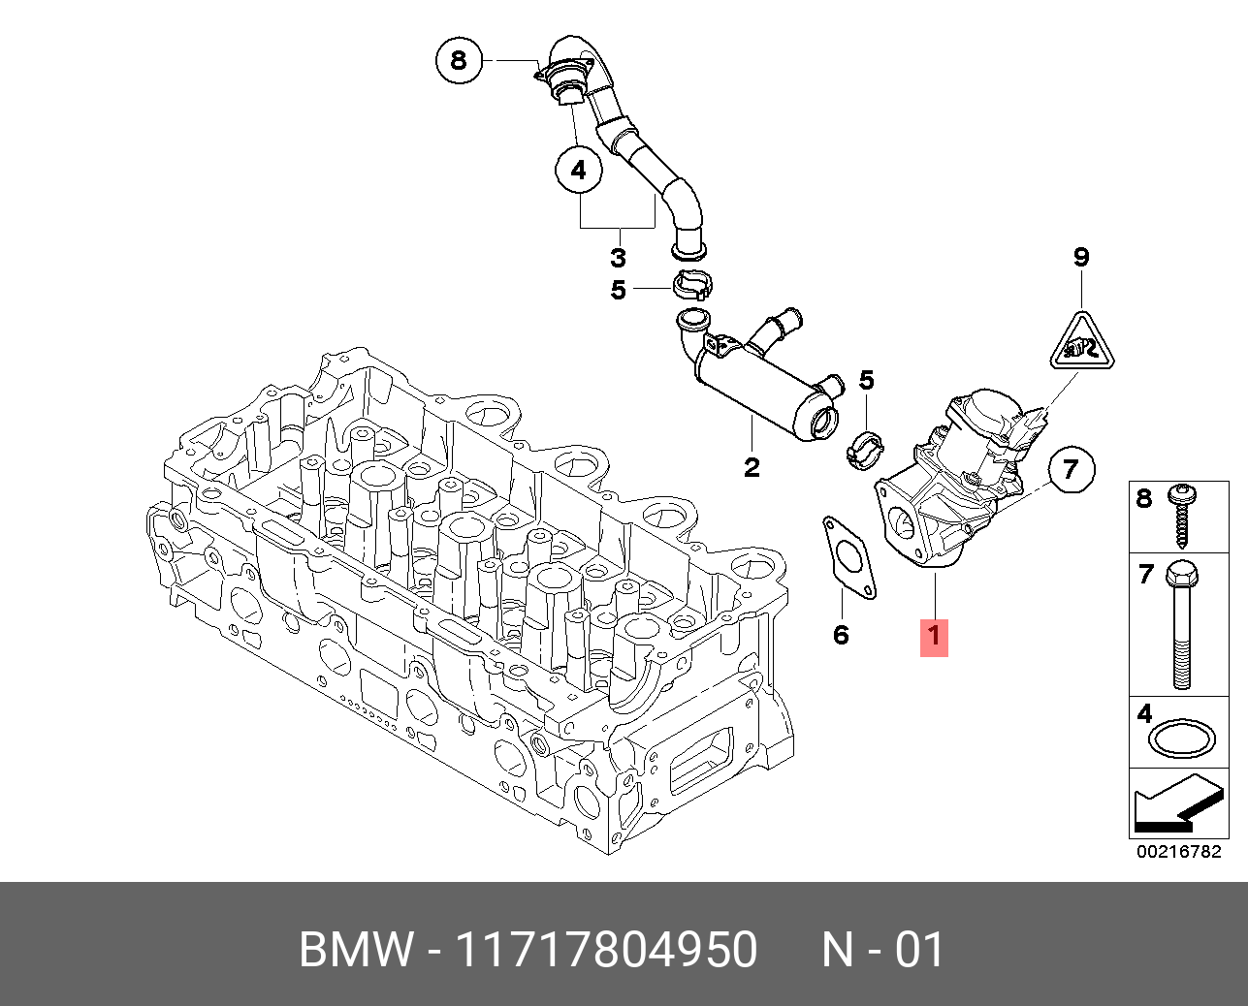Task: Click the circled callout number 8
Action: [x=458, y=61]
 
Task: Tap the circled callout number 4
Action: [x=579, y=171]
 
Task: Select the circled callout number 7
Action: [x=1071, y=469]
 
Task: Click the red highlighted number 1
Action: [x=934, y=636]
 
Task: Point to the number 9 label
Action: [x=1081, y=258]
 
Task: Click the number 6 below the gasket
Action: [x=841, y=635]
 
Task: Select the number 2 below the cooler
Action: [x=752, y=467]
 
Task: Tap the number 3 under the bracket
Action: [x=618, y=258]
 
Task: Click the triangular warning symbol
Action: [x=1082, y=344]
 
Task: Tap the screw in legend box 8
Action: [x=1182, y=514]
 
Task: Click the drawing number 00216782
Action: [x=1179, y=853]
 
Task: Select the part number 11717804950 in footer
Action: [x=606, y=950]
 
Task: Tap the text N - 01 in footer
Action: [x=882, y=950]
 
